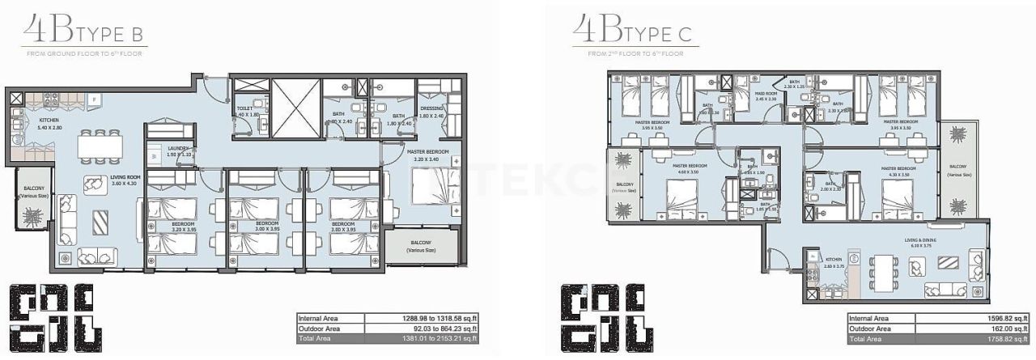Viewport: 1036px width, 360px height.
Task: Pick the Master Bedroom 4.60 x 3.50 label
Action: (690, 168)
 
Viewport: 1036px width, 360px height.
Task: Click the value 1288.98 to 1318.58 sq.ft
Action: (435, 319)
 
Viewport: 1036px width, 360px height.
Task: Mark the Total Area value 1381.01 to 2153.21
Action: (435, 340)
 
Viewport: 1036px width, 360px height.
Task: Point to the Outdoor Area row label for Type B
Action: (320, 329)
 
